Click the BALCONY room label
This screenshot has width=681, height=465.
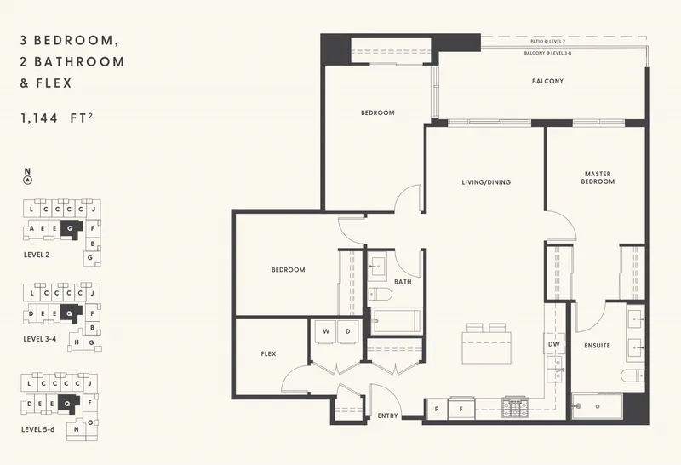coord(548,82)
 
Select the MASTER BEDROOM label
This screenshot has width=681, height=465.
coord(598,177)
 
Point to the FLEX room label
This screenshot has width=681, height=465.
coord(268,353)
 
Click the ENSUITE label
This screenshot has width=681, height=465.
coord(597,346)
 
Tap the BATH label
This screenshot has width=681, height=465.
coord(403,282)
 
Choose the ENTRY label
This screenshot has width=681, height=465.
coord(388,416)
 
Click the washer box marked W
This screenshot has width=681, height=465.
coord(324,330)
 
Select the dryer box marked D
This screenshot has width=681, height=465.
coord(347,330)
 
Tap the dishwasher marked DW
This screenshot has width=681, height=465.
coord(552,344)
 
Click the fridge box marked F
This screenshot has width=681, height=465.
coord(462,410)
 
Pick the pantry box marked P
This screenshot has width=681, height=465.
coord(437,410)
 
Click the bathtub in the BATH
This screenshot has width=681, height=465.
coord(396,320)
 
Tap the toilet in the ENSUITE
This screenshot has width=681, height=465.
coord(632,376)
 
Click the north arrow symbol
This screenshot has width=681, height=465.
coord(28,180)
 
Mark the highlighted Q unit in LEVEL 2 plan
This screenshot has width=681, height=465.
coord(70,228)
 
